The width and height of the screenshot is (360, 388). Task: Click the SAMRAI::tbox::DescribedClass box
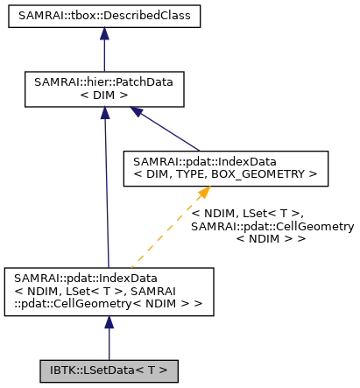pos(103,16)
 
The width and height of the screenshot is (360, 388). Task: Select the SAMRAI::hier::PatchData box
pos(103,88)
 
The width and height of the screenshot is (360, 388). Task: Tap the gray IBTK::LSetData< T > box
pos(109,370)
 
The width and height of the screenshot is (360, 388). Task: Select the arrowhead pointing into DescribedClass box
pos(103,33)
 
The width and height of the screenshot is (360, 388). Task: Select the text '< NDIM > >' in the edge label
pos(271,238)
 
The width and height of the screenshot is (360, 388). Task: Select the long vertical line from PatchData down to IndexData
pos(105,193)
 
